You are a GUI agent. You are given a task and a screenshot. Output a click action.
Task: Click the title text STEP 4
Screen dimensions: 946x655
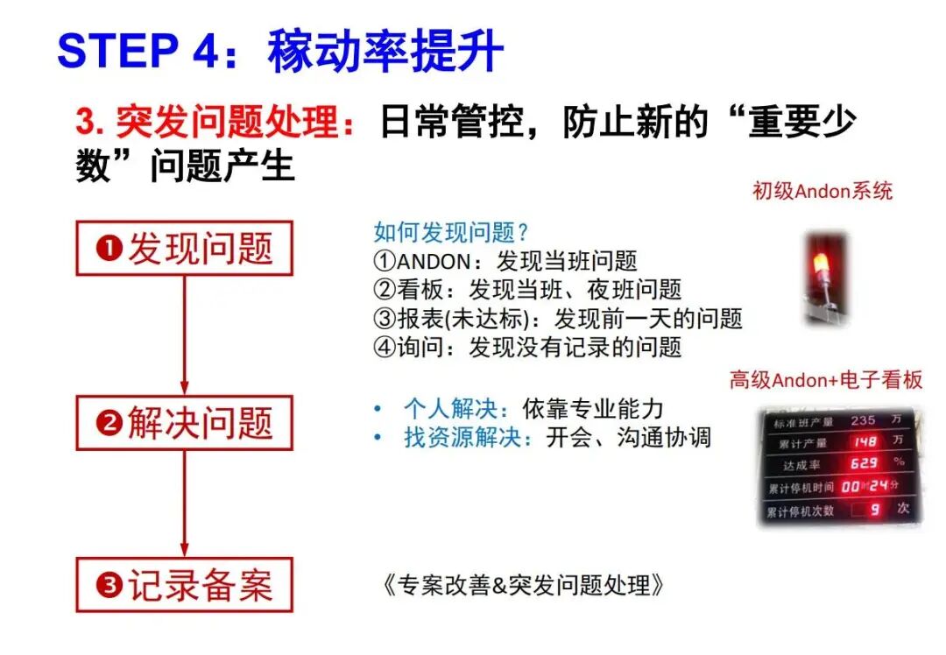coord(138,50)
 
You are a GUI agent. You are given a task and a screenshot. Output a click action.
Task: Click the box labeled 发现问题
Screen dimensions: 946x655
coord(185,248)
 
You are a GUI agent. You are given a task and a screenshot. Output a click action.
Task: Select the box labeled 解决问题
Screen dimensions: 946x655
coord(185,423)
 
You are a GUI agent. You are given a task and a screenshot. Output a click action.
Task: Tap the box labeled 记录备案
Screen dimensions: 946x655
coord(185,585)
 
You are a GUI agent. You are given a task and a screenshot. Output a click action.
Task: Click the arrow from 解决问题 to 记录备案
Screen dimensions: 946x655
coord(185,504)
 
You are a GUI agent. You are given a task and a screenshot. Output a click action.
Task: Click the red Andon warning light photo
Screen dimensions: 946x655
coord(824,278)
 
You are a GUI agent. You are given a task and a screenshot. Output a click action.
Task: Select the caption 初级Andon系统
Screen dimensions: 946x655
coord(822,191)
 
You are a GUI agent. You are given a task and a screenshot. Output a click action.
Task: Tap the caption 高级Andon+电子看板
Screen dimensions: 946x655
coord(826,380)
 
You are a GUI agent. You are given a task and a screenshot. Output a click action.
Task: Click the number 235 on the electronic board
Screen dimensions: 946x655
coord(864,420)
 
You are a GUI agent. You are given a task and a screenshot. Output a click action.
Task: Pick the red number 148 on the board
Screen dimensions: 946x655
coord(865,442)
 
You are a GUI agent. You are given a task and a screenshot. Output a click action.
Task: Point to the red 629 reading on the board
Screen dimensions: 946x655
coord(864,463)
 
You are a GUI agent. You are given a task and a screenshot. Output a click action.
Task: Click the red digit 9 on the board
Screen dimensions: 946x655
coord(875,511)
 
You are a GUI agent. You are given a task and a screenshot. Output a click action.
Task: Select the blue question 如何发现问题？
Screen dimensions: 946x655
coord(451,231)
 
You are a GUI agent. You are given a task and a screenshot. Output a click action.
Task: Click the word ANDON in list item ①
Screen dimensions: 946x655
coord(434,261)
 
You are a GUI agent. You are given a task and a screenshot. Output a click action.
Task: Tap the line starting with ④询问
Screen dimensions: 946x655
coord(527,348)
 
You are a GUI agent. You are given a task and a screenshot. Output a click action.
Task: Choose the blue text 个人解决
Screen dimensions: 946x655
coord(451,409)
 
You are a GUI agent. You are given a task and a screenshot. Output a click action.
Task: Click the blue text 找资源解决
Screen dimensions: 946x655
coord(462,437)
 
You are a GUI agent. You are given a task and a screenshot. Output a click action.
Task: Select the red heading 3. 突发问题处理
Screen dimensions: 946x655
coord(215,121)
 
